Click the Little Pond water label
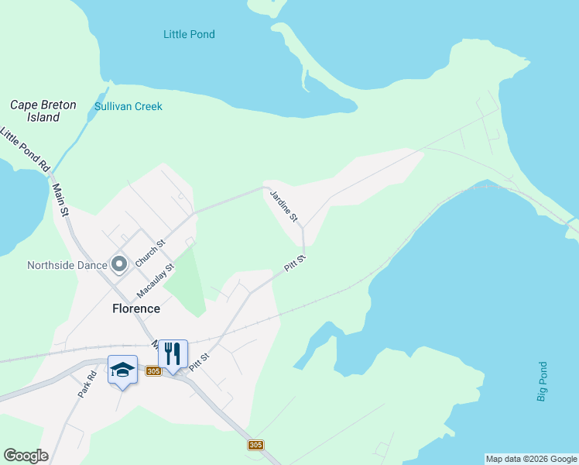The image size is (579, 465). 189,34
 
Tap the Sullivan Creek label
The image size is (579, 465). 128,106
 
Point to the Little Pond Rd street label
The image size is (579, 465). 25,150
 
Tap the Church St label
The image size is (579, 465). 151,253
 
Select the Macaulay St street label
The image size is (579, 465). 156,280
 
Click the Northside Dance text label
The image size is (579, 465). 66,265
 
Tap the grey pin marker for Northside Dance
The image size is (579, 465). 119,265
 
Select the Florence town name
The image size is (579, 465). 136,308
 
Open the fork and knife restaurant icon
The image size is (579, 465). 173,354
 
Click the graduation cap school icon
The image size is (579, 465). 122,370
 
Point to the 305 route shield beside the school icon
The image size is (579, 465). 152,371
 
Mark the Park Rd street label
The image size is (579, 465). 87,385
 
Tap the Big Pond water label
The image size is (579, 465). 542,381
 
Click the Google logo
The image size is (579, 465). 26,456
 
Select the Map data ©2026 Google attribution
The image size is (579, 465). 531,459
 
